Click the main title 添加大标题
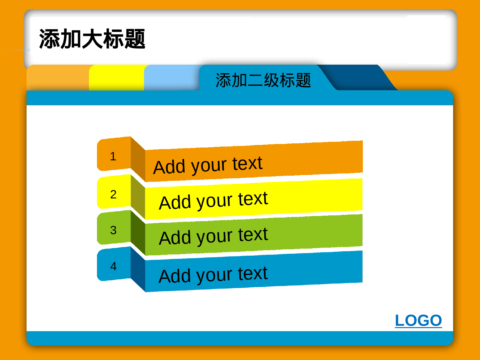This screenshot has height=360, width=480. tap(92, 39)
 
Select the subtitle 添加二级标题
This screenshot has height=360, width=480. tap(263, 80)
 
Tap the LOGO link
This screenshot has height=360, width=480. tap(418, 320)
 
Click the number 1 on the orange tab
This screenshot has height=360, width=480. tap(113, 156)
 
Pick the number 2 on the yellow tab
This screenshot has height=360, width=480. tap(113, 194)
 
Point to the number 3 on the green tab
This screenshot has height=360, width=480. tap(113, 230)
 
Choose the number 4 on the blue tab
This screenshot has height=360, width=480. tap(113, 266)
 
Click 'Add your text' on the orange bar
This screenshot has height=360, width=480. tap(208, 165)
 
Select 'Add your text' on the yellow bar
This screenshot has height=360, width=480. tap(213, 201)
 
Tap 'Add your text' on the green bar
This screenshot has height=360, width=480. tap(213, 236)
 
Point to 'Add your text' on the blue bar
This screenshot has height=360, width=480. tap(213, 275)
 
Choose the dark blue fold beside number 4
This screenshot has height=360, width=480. tap(138, 269)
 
